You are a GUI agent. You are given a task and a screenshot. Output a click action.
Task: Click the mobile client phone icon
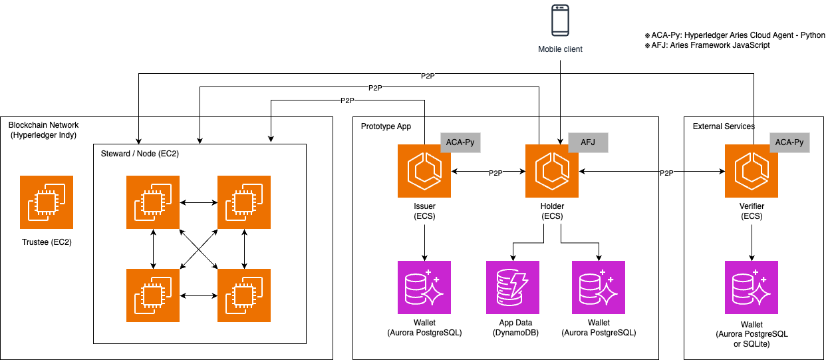(560, 21)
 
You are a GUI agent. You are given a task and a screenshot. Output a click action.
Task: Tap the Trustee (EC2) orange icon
(47, 202)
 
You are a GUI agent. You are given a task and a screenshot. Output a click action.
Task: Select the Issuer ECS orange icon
(424, 171)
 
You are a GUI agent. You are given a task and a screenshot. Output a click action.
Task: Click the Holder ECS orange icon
(552, 171)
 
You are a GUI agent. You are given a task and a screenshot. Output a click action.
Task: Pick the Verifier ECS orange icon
(752, 171)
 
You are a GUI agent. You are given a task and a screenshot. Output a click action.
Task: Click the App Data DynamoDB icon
(513, 287)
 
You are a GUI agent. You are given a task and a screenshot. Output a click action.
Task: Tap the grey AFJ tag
(588, 142)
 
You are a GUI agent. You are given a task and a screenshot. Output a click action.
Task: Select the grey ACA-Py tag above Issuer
(460, 142)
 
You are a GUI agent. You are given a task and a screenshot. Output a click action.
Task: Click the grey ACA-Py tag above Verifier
(789, 142)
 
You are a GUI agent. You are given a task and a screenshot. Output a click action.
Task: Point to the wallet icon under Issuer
(424, 287)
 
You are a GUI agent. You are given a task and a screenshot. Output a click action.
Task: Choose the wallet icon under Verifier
(752, 287)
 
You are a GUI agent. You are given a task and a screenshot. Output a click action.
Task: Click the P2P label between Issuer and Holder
(495, 173)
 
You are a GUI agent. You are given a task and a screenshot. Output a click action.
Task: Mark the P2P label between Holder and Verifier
(666, 173)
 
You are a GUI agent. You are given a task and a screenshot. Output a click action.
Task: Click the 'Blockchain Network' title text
(43, 125)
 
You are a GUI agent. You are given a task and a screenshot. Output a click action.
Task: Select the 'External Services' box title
(724, 126)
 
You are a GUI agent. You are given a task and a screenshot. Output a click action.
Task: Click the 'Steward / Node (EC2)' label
(140, 154)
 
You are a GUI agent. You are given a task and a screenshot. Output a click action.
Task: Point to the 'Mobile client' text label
(560, 49)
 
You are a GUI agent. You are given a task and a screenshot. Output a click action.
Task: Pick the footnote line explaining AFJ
(707, 45)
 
